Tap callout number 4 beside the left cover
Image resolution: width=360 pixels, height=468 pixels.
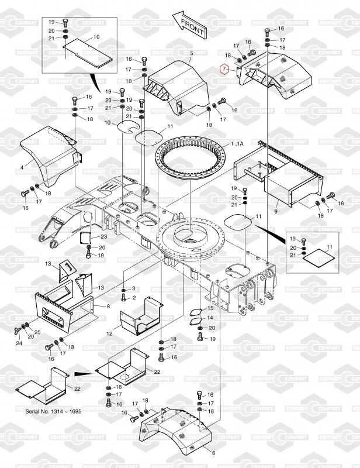tap(22, 167)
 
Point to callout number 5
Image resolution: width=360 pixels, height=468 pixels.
tap(191, 53)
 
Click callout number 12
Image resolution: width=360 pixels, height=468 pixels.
tap(109, 333)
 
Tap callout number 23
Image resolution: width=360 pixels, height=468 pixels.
tap(103, 237)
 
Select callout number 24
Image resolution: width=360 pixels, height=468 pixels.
tap(19, 343)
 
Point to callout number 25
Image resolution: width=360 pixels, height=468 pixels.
tap(37, 332)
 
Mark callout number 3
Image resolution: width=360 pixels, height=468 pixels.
tap(133, 289)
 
